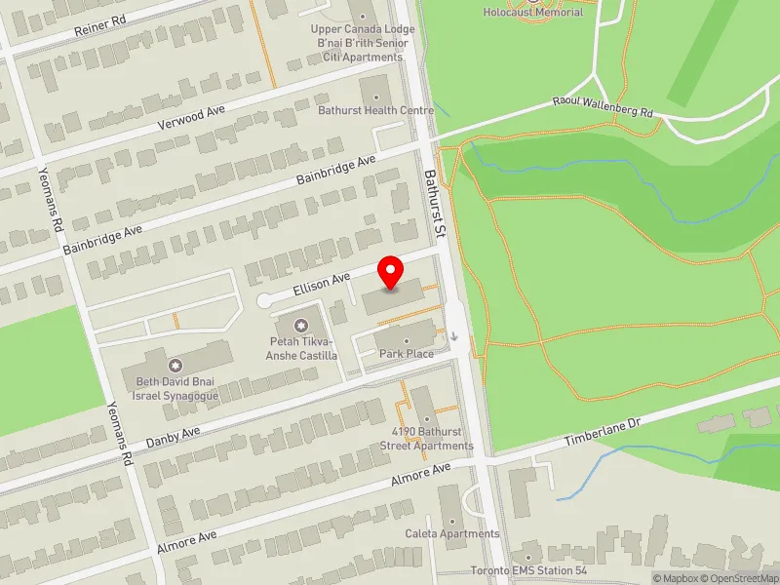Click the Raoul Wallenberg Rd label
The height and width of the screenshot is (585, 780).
click(603, 106)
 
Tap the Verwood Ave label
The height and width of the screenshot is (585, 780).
click(191, 120)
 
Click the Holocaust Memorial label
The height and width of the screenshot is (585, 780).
click(533, 12)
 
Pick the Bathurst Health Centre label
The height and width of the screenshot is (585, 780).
click(376, 111)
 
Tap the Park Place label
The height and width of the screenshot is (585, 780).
click(407, 353)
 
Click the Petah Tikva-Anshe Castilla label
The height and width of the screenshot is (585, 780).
click(303, 348)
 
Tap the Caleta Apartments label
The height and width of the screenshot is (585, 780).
click(452, 533)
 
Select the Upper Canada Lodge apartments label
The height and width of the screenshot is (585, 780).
click(363, 43)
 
